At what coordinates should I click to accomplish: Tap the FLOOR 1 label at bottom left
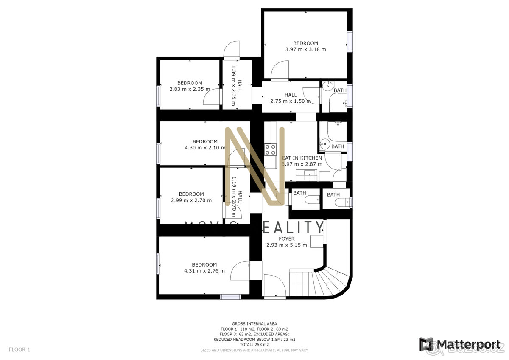click(20, 349)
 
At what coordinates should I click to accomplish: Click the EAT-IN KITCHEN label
click(302, 158)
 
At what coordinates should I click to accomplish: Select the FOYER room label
click(286, 239)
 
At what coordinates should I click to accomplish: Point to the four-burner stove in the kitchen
click(270, 149)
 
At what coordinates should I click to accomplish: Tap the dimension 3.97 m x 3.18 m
click(305, 49)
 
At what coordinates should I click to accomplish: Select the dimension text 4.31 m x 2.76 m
click(204, 271)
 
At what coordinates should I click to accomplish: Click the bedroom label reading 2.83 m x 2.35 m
click(190, 89)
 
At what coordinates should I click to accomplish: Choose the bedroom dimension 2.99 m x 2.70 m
click(191, 200)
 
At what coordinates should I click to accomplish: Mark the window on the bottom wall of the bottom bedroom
click(230, 297)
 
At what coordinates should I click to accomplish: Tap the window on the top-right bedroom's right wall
click(350, 41)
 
